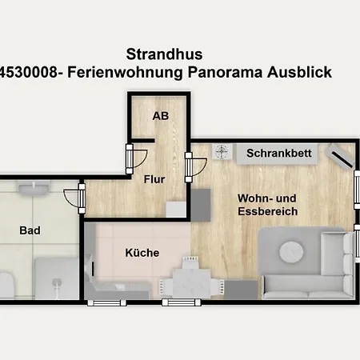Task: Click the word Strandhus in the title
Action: coord(164,54)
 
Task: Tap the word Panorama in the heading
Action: coord(226,72)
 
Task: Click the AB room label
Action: coord(161,116)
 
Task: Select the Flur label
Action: coord(154,179)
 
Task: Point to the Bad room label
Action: coord(30,230)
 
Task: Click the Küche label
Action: coord(142,253)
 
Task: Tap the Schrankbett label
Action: coord(279,154)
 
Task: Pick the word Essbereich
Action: coord(268,211)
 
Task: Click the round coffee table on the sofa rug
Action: coord(291,252)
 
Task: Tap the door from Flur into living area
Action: coord(196,167)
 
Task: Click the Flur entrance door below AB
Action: coord(137,159)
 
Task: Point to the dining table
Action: coord(191,282)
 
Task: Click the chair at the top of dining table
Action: coord(190,262)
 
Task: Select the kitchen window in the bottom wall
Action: coord(106,302)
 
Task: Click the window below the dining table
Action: coord(182,302)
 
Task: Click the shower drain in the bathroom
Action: coord(57,283)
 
